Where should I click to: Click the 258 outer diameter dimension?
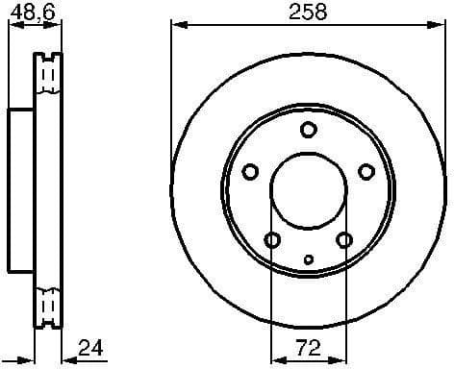[308, 12]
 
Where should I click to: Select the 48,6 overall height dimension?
[30, 12]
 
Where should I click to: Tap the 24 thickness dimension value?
[89, 346]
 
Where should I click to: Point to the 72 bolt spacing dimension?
[308, 346]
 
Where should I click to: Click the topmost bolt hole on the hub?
[308, 131]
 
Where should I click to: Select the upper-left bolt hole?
[250, 172]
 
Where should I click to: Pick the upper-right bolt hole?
[366, 172]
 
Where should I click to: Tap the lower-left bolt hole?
[272, 240]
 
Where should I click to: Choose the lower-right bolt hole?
[343, 240]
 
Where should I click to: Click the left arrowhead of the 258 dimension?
[175, 26]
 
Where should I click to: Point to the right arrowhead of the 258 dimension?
[441, 26]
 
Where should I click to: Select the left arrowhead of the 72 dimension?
[276, 359]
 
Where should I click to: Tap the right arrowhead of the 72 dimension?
[340, 359]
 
